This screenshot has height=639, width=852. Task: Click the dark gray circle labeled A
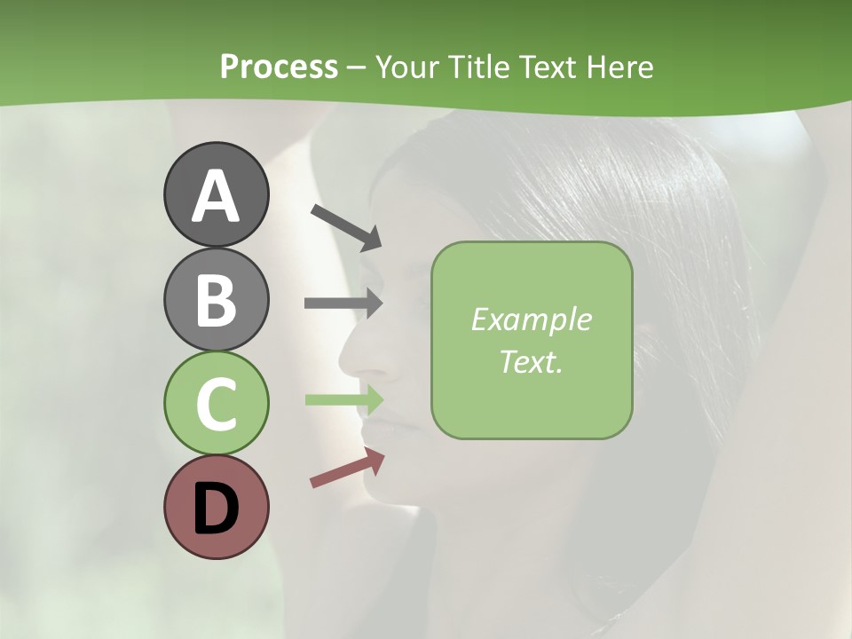(216, 194)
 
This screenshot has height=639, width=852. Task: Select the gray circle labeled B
(216, 299)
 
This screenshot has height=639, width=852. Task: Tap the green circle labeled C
(216, 403)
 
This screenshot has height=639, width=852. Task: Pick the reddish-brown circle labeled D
(216, 508)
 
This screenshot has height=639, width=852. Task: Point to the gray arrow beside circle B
(343, 303)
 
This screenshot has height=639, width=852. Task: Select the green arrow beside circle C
(344, 399)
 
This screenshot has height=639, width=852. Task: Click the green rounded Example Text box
(532, 340)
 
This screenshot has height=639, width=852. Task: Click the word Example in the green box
(531, 319)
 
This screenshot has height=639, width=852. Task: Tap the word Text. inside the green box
(531, 361)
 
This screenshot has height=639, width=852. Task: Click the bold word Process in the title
(279, 67)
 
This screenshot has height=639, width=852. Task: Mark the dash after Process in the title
(357, 67)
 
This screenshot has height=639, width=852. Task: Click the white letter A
(216, 196)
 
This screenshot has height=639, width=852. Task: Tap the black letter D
(216, 509)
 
